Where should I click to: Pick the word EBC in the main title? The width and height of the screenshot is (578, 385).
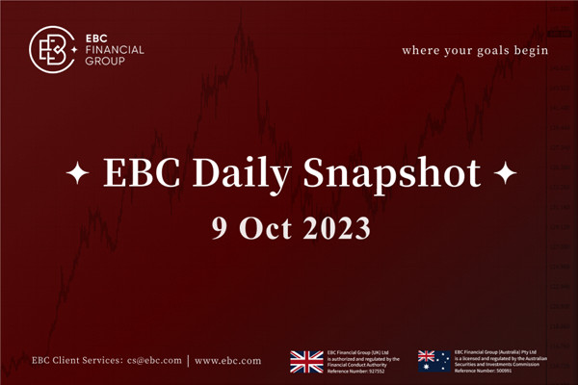click(128, 173)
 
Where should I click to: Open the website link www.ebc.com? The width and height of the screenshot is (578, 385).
click(228, 361)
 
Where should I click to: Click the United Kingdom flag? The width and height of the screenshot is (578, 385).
click(307, 361)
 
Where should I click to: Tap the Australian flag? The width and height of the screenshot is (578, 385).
click(433, 361)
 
